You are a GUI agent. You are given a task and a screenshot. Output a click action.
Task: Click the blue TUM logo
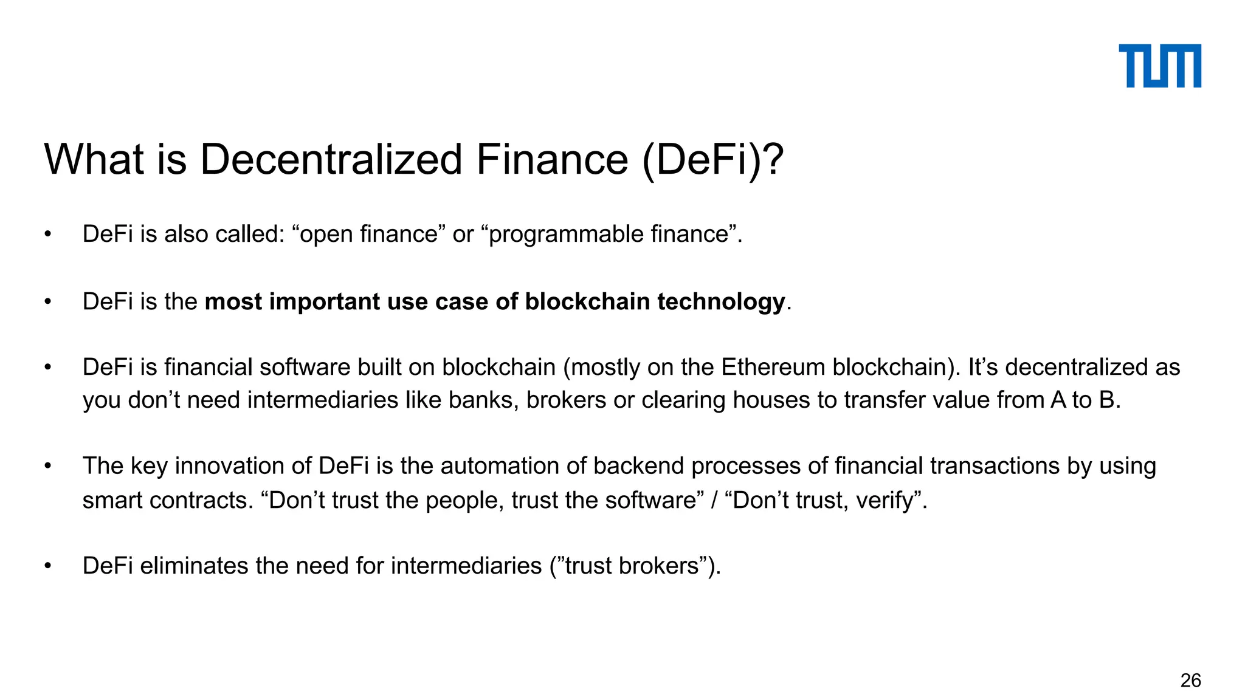[x=1159, y=66]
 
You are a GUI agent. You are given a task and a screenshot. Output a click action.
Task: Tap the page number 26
[x=1190, y=680]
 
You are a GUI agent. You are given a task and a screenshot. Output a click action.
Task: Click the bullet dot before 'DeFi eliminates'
[x=48, y=566]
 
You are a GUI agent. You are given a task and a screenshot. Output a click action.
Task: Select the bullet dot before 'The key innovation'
[x=48, y=467]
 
